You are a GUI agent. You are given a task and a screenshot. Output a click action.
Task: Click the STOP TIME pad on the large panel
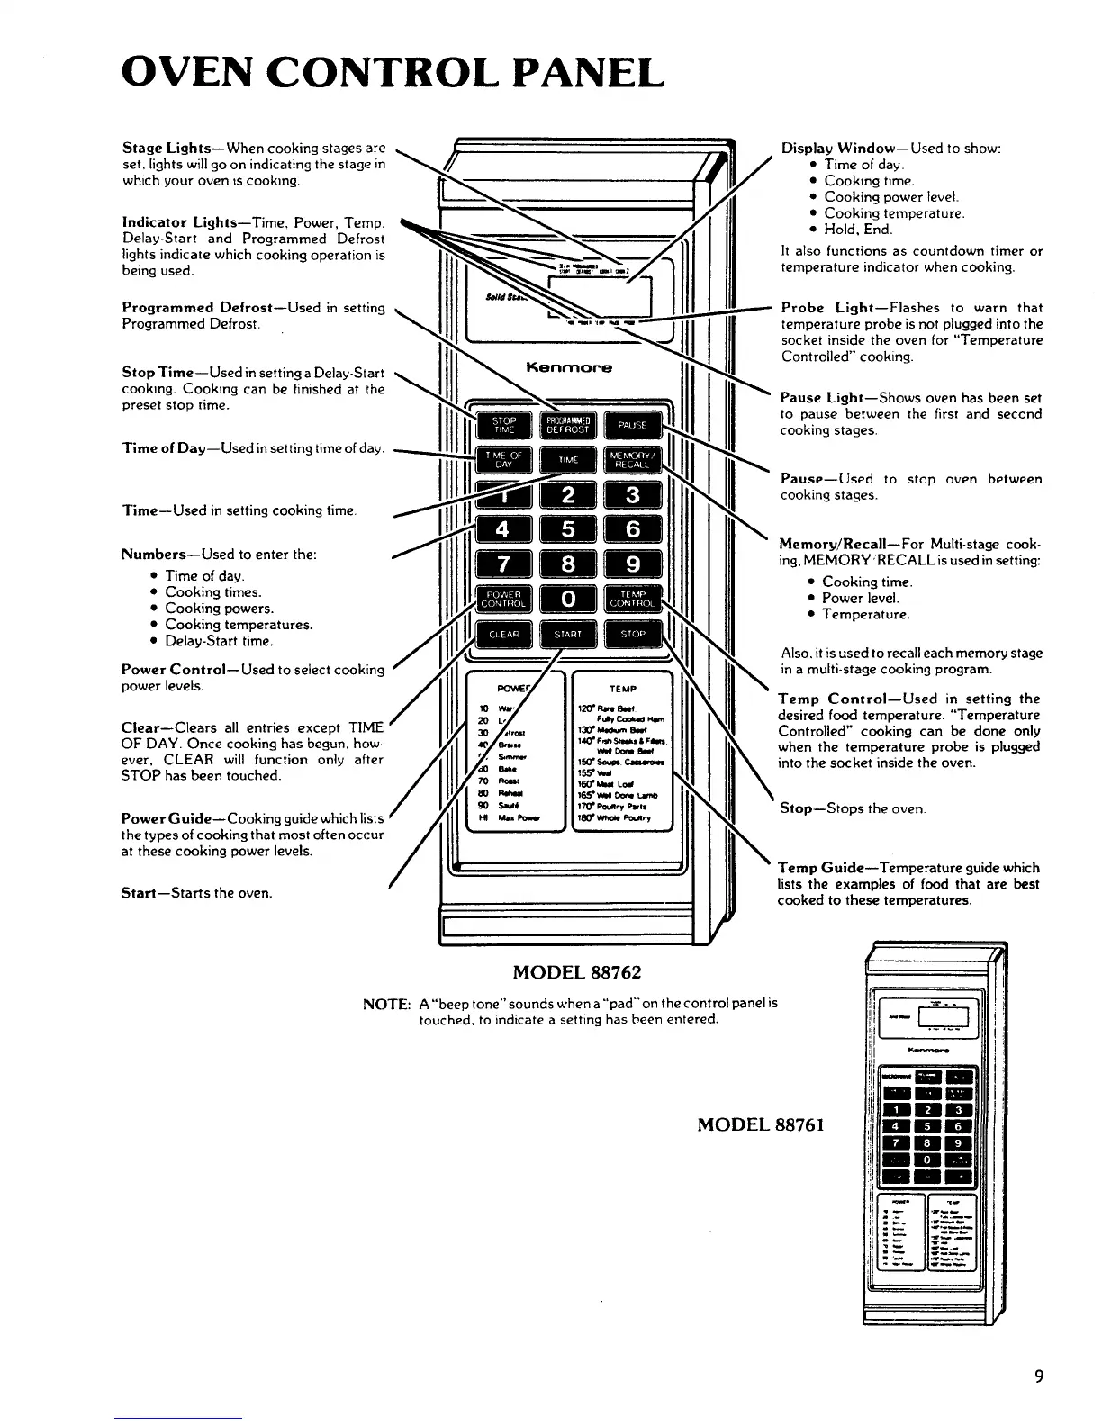(503, 425)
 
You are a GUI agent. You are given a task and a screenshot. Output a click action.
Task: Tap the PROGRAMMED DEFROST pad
(568, 425)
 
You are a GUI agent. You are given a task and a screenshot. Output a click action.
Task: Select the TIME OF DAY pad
(503, 459)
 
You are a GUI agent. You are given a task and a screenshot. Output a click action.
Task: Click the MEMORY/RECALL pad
(633, 459)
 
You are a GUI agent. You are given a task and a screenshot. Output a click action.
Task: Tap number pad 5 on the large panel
(568, 529)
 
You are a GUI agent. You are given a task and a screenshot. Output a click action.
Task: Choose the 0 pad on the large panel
(568, 599)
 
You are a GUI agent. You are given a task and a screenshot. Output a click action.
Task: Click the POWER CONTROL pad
(503, 599)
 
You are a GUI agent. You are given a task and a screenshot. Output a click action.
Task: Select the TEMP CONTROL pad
(633, 599)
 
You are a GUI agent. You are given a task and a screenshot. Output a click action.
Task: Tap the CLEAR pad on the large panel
(503, 634)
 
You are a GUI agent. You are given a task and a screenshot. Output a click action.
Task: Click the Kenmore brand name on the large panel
(568, 367)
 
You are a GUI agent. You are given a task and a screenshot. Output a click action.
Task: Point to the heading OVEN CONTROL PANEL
(393, 72)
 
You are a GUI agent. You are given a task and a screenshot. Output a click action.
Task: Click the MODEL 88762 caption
(577, 972)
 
